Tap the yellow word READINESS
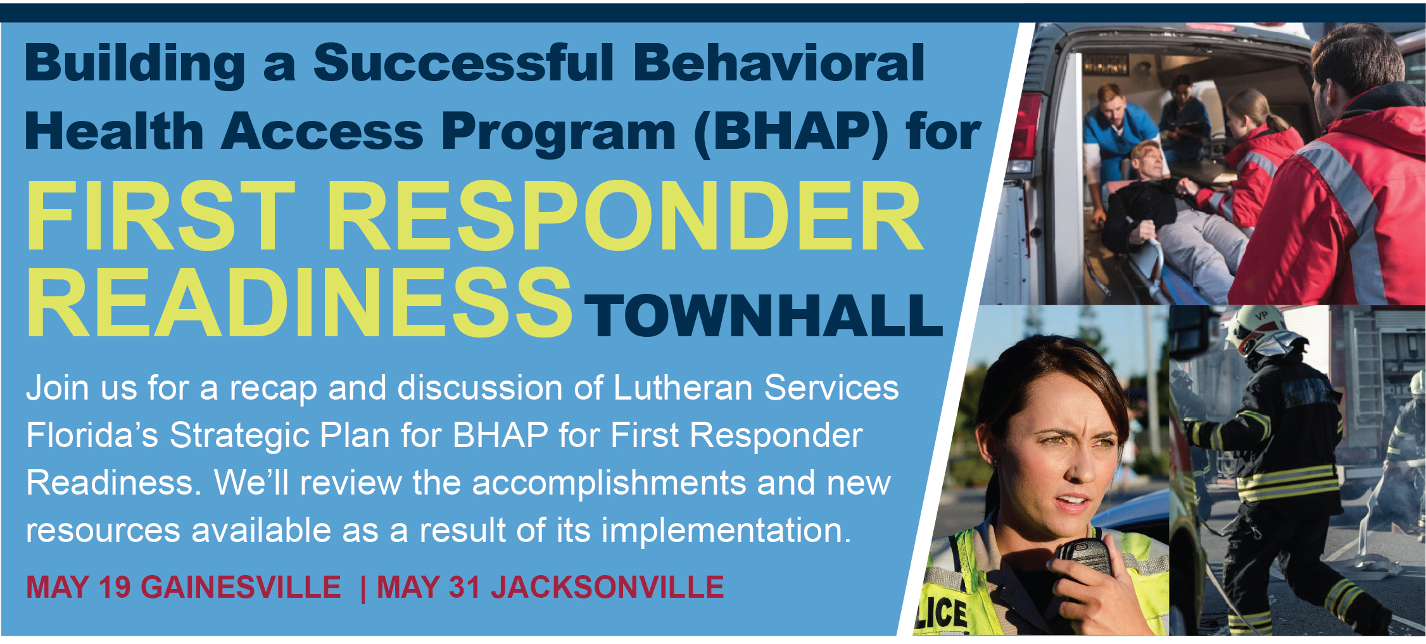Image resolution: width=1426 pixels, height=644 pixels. click(299, 302)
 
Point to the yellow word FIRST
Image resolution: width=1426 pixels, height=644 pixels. click(161, 216)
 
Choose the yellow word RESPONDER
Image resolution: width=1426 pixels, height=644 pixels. click(624, 216)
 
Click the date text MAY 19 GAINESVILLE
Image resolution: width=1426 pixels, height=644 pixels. click(184, 587)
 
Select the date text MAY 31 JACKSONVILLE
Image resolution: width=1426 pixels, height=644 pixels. click(550, 587)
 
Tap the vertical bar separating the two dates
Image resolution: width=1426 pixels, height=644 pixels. click(362, 587)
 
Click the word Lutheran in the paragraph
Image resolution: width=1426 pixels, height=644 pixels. click(683, 388)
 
